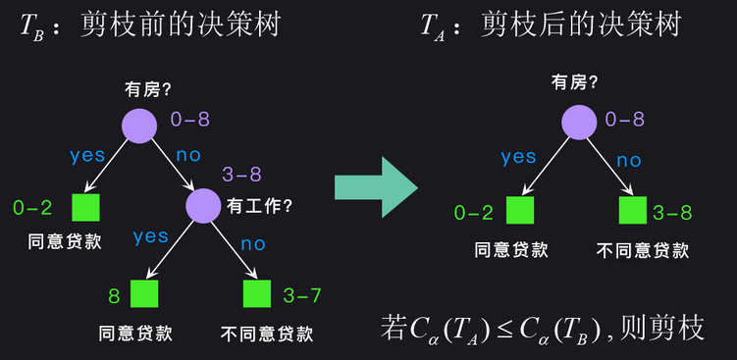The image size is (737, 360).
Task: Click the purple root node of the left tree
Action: pyautogui.click(x=140, y=125)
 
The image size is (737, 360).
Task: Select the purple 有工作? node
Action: pyautogui.click(x=203, y=205)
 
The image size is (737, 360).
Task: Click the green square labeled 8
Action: pyautogui.click(x=144, y=293)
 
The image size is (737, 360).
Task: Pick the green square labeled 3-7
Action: pyautogui.click(x=257, y=293)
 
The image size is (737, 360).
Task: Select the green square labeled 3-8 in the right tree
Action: pyautogui.click(x=633, y=210)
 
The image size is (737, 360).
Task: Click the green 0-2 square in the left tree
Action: pyautogui.click(x=86, y=207)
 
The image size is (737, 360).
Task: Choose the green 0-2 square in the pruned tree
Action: pyautogui.click(x=519, y=210)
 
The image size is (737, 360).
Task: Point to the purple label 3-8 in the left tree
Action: pyautogui.click(x=241, y=175)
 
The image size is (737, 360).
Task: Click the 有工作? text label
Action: pyautogui.click(x=260, y=206)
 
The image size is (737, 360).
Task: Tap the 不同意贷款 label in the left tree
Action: pyautogui.click(x=268, y=333)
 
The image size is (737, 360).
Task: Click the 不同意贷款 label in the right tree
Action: pyautogui.click(x=643, y=250)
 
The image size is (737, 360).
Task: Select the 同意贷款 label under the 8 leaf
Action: pyautogui.click(x=135, y=333)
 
